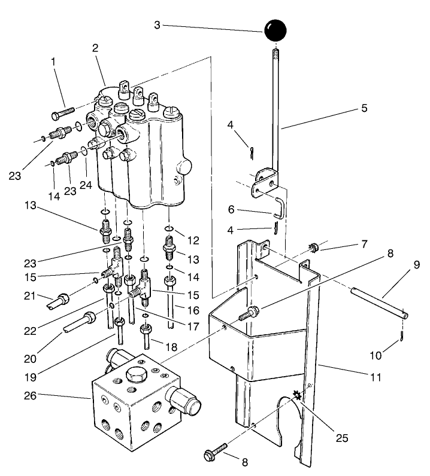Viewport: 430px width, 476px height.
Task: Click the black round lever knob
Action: [x=275, y=30]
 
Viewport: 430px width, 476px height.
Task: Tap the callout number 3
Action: [x=156, y=26]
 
